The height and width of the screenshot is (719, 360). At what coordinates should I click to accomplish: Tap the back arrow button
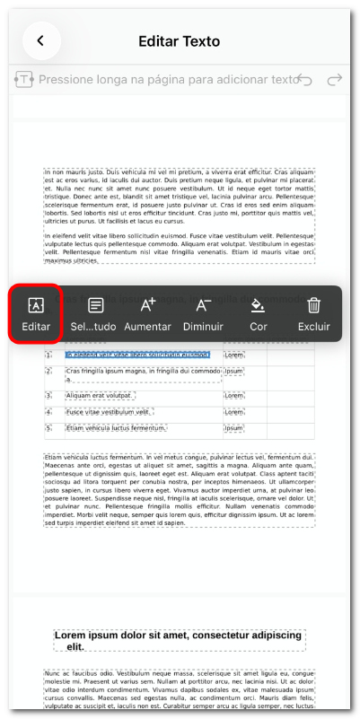pos(40,40)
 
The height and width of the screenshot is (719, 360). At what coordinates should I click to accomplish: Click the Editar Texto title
pos(180,41)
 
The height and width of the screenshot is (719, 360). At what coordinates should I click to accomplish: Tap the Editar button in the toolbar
pos(36,313)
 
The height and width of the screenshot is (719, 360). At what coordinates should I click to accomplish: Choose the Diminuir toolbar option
pos(203,313)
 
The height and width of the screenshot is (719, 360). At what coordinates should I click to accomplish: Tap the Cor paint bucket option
pos(258,313)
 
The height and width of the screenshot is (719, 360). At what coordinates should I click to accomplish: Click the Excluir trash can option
pos(313,313)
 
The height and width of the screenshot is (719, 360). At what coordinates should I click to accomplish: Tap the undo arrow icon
pos(304,81)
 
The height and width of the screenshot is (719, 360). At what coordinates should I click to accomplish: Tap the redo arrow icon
pos(335,81)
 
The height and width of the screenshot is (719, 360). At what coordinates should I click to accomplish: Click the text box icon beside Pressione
pos(23,81)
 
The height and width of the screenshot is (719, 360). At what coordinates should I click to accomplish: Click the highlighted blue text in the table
pos(137,355)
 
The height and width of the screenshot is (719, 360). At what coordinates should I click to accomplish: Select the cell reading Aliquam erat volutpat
pos(101,396)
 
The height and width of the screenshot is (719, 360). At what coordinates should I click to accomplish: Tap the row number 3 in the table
pos(48,396)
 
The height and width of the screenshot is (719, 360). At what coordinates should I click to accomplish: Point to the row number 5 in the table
pos(48,428)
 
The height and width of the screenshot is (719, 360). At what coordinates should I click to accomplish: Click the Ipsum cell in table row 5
pos(234,428)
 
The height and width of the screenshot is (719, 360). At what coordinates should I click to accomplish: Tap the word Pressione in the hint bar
pos(72,81)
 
